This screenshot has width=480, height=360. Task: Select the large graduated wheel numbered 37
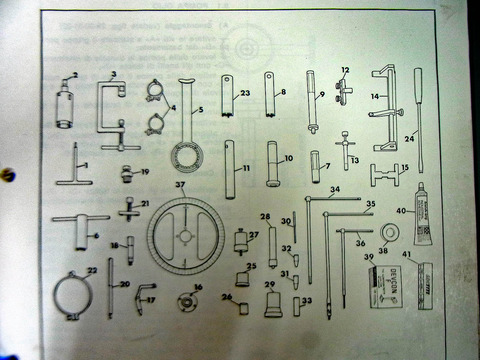(x=186, y=236)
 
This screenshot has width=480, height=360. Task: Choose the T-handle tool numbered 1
(x=78, y=163)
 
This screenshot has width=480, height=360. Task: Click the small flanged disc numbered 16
(x=183, y=300)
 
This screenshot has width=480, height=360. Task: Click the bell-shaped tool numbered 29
(x=272, y=304)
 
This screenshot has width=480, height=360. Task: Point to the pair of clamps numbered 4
(x=156, y=109)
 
